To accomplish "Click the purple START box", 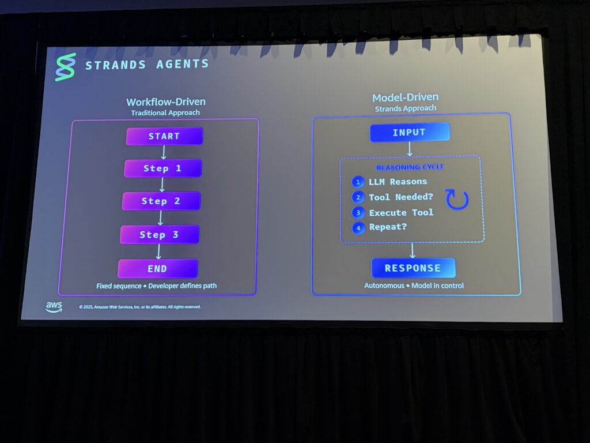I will coord(164,136).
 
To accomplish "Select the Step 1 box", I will coord(162,168).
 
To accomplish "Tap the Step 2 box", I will coord(161,201).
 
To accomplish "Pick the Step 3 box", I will coord(160,234).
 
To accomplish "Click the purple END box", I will coord(157,268).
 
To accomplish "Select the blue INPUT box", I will coord(410,132).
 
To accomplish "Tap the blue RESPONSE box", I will coord(413,268).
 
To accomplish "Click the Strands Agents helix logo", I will coord(65,67).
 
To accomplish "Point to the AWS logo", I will coord(54,307).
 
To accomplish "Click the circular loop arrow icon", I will coord(457,199).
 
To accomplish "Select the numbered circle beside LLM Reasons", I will coord(358,182).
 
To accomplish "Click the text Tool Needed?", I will coord(401,197).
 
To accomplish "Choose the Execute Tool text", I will coord(401,213).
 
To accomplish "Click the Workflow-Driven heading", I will coord(165,102).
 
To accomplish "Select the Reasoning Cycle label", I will coord(410,168).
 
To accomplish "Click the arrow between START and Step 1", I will coord(164,152).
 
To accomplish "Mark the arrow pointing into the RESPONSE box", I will coord(413,250).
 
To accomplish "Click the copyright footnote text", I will coord(140,307).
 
